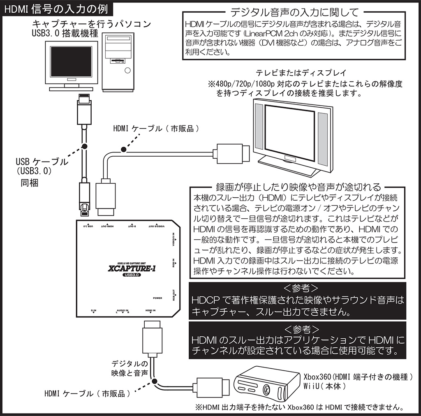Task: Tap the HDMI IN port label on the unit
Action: pyautogui.click(x=150, y=311)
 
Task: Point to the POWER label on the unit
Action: pyautogui.click(x=157, y=298)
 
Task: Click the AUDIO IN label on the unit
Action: pyautogui.click(x=122, y=311)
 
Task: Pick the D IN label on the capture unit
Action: pyautogui.click(x=94, y=311)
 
